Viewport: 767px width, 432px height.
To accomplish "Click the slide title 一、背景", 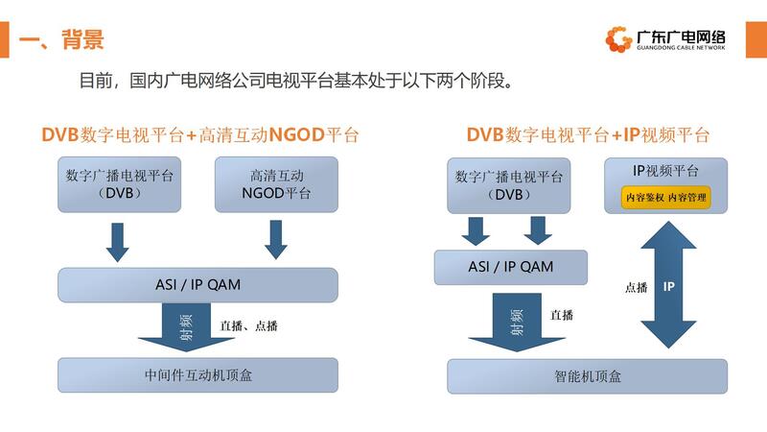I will click(x=61, y=39).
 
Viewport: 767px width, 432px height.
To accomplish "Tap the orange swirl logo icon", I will click(x=617, y=39).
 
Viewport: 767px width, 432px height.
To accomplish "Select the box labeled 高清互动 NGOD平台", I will click(x=276, y=183).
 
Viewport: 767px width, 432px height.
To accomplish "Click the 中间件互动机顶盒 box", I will click(x=198, y=374).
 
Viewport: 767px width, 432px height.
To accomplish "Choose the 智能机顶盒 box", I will click(x=588, y=375).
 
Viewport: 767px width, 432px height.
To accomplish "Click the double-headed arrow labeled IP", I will click(x=669, y=285).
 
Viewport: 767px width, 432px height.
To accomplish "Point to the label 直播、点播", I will click(x=248, y=326).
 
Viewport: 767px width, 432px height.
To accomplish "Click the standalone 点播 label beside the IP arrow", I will click(x=637, y=286).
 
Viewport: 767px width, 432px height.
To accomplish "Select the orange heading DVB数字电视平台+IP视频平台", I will click(x=588, y=134).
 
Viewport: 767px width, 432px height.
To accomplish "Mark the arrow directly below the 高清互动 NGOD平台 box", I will click(x=276, y=240).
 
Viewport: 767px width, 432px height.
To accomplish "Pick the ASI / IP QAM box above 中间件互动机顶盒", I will click(x=198, y=284).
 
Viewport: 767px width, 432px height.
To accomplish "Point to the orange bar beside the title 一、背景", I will click(x=5, y=39).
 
